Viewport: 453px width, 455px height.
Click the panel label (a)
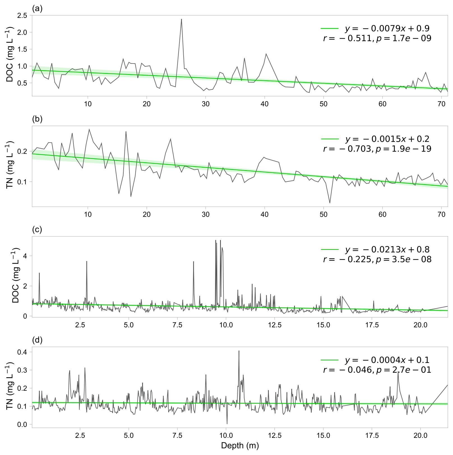click(x=37, y=9)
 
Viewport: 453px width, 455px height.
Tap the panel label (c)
click(x=37, y=230)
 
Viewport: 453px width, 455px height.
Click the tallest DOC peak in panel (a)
click(x=181, y=19)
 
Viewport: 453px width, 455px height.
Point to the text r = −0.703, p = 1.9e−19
click(x=377, y=148)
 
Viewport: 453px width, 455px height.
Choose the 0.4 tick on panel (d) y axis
click(x=24, y=352)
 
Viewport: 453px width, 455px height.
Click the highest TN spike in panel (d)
click(x=239, y=351)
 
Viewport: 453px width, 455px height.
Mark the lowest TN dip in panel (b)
click(x=330, y=203)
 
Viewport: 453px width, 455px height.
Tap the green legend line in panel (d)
click(x=330, y=360)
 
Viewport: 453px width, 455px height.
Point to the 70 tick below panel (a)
click(x=442, y=104)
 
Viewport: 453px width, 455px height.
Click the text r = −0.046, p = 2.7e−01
click(x=377, y=370)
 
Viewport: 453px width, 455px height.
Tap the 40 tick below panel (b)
click(x=265, y=215)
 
